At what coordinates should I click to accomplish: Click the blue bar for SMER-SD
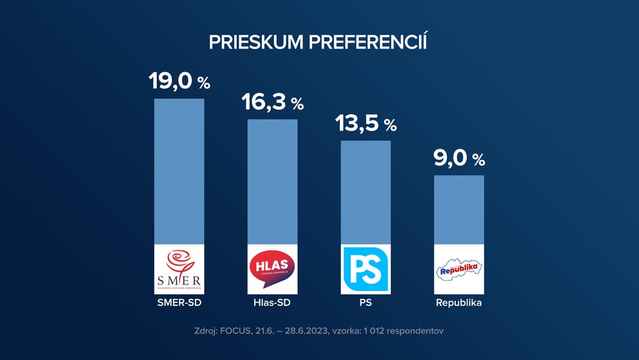point(179,171)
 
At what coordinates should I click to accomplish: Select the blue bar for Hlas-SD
point(272,181)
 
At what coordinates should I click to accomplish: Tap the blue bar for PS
point(366,192)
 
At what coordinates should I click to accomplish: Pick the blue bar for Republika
point(458,210)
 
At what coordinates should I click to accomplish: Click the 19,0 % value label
point(179,81)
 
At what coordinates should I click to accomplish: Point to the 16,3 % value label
point(272,102)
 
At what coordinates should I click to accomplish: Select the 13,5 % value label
point(366,123)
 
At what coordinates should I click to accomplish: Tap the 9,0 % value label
point(458,158)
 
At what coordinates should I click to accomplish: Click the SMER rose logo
point(179,268)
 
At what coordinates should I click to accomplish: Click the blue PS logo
point(366,269)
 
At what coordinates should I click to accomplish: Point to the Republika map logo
point(458,269)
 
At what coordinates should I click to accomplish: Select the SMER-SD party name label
point(179,302)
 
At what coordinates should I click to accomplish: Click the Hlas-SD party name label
point(272,302)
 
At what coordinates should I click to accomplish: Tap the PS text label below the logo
point(366,302)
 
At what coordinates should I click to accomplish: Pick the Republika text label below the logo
point(458,302)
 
